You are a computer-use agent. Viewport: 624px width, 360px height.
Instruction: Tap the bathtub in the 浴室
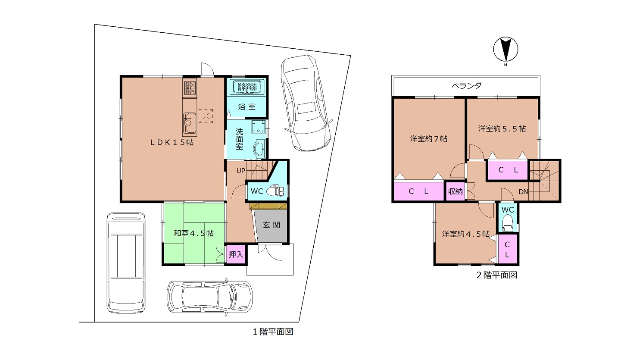point(247,86)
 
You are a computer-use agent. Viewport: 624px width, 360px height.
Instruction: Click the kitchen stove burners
point(190,88)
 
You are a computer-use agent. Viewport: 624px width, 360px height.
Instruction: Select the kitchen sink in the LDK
point(190,123)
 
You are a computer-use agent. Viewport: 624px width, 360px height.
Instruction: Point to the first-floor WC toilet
point(275,191)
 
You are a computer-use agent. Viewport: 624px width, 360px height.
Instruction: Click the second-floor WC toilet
point(508,223)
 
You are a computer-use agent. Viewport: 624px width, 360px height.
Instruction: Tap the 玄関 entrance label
point(271,225)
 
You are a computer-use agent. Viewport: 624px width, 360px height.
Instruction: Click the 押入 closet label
point(236,254)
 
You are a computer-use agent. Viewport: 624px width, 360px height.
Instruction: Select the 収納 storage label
point(455,191)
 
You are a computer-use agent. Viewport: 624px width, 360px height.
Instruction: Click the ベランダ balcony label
point(467,85)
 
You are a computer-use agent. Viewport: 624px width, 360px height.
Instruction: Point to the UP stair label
point(241,171)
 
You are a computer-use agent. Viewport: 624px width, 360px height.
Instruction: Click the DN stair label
point(524,192)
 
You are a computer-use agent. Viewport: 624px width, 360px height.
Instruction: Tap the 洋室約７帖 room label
point(429,139)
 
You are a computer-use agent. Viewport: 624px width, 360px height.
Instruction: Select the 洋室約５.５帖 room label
point(502,129)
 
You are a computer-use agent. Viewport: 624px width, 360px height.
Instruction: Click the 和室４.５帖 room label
point(193,233)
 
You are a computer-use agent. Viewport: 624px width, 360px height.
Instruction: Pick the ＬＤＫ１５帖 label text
point(172,142)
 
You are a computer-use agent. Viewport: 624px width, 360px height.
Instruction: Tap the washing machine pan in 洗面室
point(259,127)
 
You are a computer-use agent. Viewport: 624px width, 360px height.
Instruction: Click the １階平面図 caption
point(273,332)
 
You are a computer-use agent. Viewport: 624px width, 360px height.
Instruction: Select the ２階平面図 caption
point(497,275)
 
